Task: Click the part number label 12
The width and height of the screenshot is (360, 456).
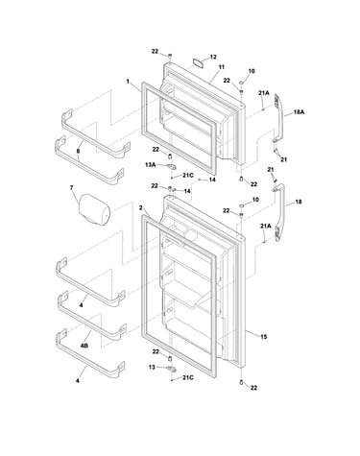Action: coord(213,57)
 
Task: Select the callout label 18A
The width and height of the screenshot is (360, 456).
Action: coord(299,112)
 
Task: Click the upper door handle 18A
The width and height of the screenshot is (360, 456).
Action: coord(278,121)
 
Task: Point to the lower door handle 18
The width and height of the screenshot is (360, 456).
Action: coord(279,213)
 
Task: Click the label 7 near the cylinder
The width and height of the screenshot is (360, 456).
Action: coord(71,188)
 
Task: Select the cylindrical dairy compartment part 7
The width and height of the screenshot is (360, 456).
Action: coord(94,210)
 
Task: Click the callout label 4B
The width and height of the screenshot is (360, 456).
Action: coord(84,346)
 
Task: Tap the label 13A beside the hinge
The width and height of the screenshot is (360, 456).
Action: coord(150,165)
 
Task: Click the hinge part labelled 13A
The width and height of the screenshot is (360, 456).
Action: coord(171,166)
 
